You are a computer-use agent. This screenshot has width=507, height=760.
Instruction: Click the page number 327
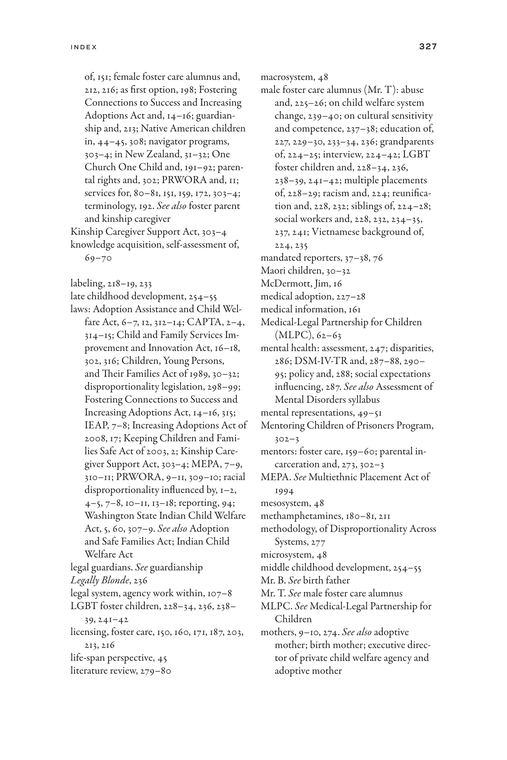[x=428, y=47]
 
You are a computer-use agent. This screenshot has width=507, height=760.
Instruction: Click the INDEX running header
[x=84, y=47]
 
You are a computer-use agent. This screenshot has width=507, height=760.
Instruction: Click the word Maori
[x=272, y=271]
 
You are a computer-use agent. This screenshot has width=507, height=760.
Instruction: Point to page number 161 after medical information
[x=354, y=310]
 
